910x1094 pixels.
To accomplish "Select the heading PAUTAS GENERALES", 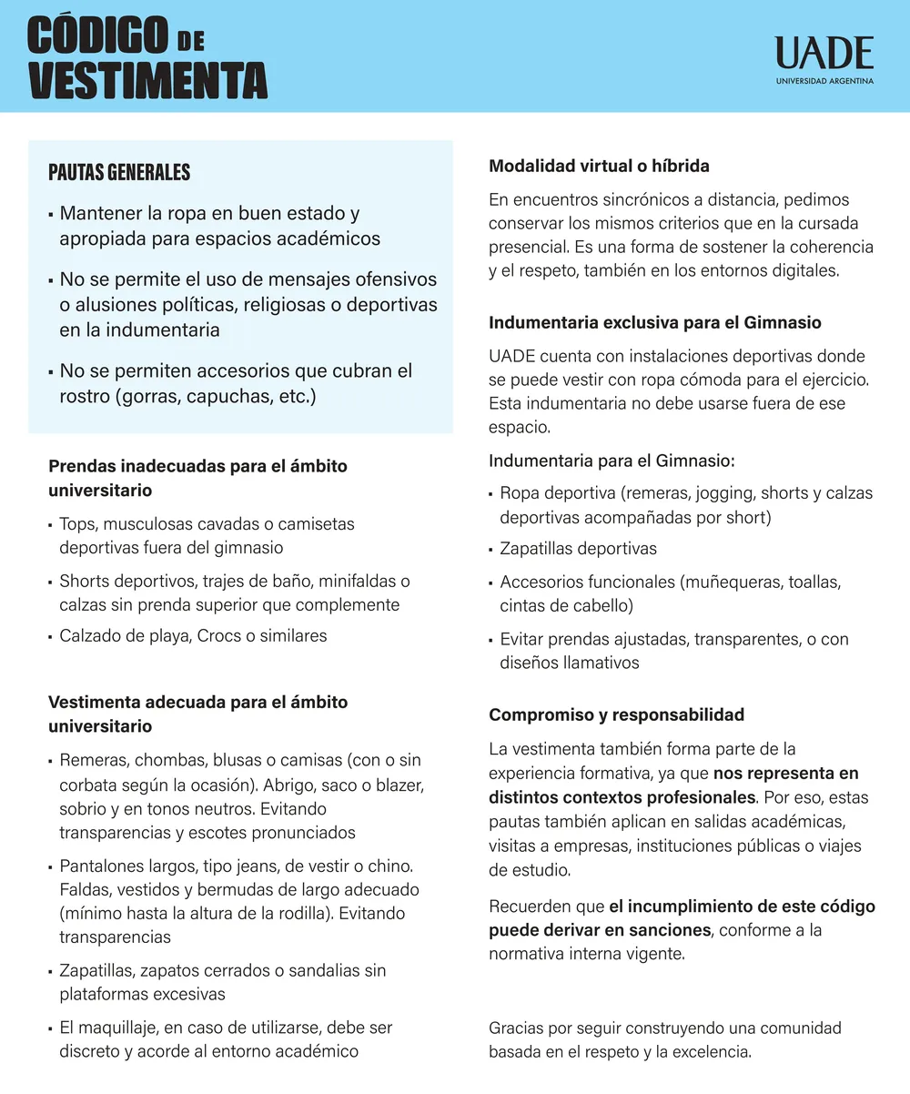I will (x=119, y=172).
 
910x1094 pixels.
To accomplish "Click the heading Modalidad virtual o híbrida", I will (x=599, y=167).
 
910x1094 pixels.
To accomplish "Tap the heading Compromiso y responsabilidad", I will (x=616, y=714).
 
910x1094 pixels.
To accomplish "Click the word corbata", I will (x=90, y=785).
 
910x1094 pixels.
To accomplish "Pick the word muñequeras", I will (x=728, y=582).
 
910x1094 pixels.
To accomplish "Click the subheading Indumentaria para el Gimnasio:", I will (x=612, y=461).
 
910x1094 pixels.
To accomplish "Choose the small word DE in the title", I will (x=191, y=41).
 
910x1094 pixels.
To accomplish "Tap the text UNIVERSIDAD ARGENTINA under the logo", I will (x=824, y=81).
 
